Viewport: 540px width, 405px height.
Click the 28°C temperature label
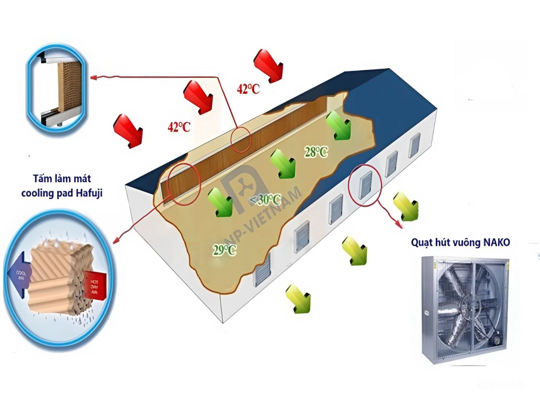(316, 152)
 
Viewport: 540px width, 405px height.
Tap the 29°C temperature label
(224, 250)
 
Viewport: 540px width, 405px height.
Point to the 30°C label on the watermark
(269, 199)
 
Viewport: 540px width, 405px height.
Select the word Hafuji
(89, 193)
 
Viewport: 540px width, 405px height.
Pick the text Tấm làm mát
(62, 178)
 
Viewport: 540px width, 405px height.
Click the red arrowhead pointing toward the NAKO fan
(398, 225)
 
